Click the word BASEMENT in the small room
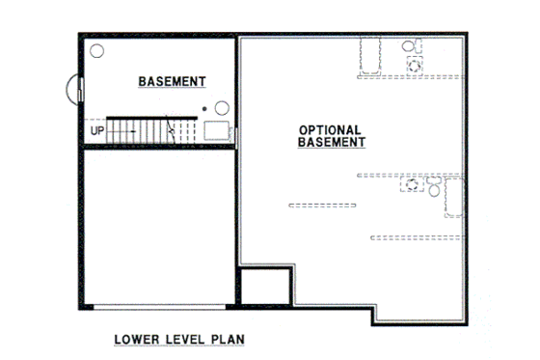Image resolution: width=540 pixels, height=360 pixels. (173, 81)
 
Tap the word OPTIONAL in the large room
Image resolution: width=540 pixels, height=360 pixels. (329, 128)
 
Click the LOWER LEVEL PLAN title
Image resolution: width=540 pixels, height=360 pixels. (179, 340)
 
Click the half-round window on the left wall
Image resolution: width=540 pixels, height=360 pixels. (73, 91)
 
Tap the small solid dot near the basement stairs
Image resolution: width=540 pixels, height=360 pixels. (203, 109)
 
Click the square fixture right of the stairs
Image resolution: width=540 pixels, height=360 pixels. (216, 131)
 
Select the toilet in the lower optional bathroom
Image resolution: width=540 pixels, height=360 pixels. (435, 190)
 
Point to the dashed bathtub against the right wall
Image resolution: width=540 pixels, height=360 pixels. (454, 199)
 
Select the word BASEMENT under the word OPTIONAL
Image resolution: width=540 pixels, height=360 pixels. (329, 142)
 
